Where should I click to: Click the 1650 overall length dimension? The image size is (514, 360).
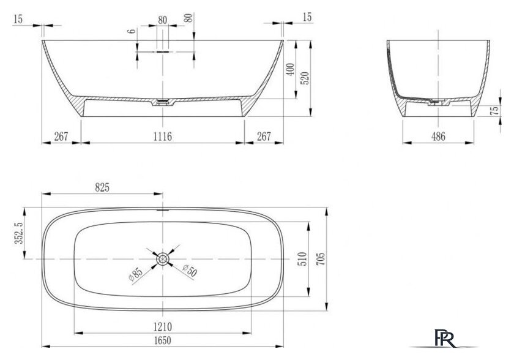click(x=163, y=340)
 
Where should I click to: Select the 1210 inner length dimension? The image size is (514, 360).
click(x=163, y=327)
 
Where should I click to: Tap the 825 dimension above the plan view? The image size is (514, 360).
click(x=102, y=187)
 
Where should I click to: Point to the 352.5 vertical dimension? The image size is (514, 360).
click(x=19, y=233)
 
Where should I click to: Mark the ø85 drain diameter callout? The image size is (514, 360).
click(x=136, y=274)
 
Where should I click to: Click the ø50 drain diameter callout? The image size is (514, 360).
click(x=190, y=270)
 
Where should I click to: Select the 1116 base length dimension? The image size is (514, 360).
click(x=163, y=137)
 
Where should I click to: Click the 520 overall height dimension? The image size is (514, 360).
click(x=305, y=78)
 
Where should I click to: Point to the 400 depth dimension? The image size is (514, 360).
click(x=291, y=70)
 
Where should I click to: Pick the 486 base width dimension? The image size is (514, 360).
click(x=438, y=137)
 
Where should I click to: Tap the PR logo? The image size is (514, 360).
click(x=445, y=338)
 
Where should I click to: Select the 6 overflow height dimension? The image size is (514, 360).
click(x=131, y=31)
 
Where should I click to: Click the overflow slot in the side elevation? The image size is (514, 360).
click(x=163, y=51)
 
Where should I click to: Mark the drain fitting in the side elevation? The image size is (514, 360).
click(x=163, y=102)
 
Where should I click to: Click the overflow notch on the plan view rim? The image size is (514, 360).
click(x=163, y=209)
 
